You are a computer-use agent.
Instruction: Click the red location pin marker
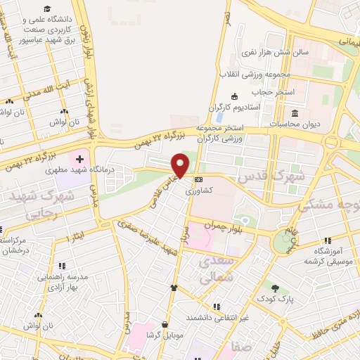pos(181,165)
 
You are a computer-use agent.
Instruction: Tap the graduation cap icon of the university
pos(47,9)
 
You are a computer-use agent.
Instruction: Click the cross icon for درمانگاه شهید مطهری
pos(79,160)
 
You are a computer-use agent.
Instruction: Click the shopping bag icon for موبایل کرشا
pos(165,325)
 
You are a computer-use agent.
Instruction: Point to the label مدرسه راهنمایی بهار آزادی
pos(62,281)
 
